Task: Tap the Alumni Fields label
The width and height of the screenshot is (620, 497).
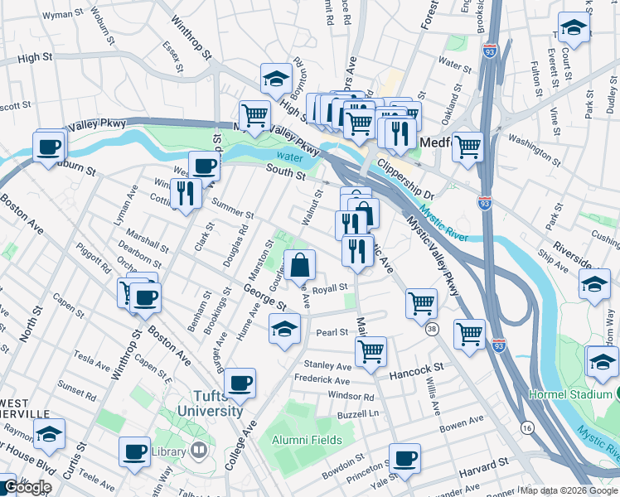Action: (x=307, y=440)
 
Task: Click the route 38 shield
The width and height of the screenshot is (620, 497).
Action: (x=432, y=330)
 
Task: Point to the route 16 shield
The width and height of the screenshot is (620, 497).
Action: (x=526, y=427)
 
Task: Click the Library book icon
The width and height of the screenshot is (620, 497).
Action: (x=198, y=451)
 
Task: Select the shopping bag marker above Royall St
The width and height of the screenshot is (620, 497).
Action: (x=301, y=265)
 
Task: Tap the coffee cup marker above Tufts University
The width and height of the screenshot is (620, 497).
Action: (x=240, y=382)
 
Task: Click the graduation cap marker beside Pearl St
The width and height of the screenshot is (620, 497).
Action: (x=283, y=328)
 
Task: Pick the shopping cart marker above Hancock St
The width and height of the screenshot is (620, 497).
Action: (x=371, y=350)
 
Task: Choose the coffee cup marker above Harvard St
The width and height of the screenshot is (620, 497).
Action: (x=404, y=457)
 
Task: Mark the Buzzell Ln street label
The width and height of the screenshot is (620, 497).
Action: (x=359, y=413)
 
